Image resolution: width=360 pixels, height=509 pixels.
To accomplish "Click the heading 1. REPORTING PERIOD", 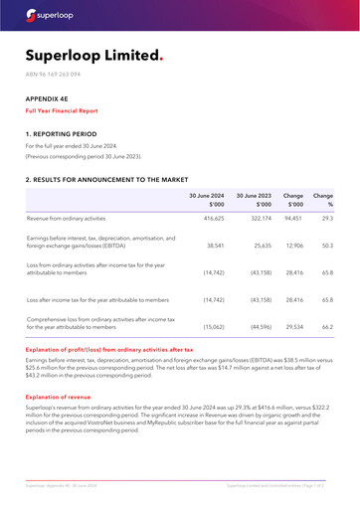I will point(62,132).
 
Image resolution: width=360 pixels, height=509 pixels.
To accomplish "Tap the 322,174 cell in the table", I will point(259,218).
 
